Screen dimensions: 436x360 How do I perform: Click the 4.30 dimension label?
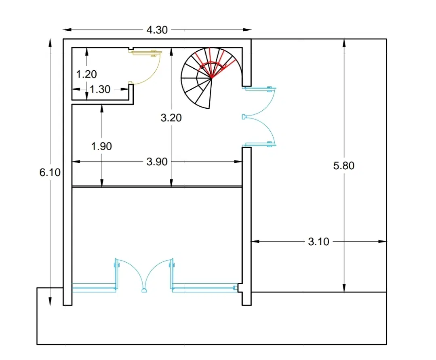pyautogui.click(x=157, y=30)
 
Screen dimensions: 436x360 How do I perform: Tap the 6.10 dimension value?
pyautogui.click(x=50, y=173)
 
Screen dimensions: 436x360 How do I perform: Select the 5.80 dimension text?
pyautogui.click(x=344, y=166)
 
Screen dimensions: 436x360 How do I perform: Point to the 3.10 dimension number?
pyautogui.click(x=319, y=242)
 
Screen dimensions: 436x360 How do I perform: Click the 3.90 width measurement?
pyautogui.click(x=157, y=162)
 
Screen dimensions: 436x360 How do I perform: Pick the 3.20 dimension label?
pyautogui.click(x=171, y=118)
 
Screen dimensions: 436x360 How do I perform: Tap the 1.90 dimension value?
pyautogui.click(x=102, y=146)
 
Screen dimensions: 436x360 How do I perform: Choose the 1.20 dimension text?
pyautogui.click(x=86, y=74)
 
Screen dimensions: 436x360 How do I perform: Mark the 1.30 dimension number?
pyautogui.click(x=100, y=89)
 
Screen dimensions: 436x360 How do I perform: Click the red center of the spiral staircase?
pyautogui.click(x=212, y=78)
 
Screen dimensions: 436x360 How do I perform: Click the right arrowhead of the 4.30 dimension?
pyautogui.click(x=247, y=29)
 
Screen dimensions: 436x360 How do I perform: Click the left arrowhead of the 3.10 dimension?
pyautogui.click(x=255, y=241)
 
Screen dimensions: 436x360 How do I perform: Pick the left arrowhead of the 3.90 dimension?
pyautogui.click(x=76, y=161)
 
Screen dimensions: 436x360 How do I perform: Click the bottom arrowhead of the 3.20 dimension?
pyautogui.click(x=171, y=182)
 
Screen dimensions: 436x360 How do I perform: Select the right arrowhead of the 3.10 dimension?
pyautogui.click(x=382, y=241)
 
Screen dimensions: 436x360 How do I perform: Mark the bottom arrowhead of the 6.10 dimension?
pyautogui.click(x=50, y=302)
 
